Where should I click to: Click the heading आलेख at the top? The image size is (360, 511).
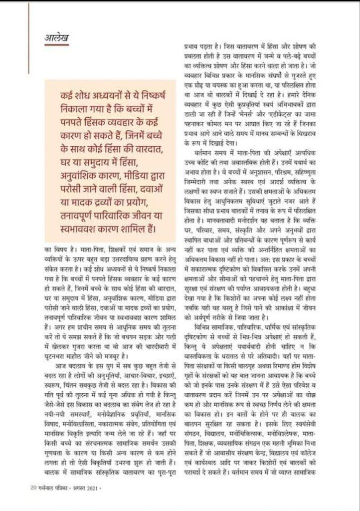tap(55, 37)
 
